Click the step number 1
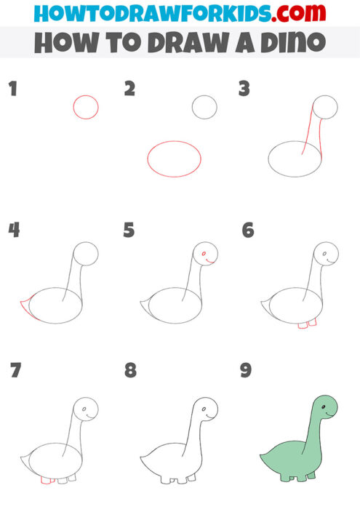pyautogui.click(x=12, y=90)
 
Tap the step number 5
pyautogui.click(x=129, y=231)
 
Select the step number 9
pyautogui.click(x=245, y=371)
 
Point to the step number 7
pyautogui.click(x=15, y=371)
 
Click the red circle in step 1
pyautogui.click(x=86, y=107)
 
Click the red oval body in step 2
pyautogui.click(x=175, y=159)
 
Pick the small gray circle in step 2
pyautogui.click(x=204, y=108)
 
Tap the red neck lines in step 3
pyautogui.click(x=311, y=131)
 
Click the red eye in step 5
pyautogui.click(x=204, y=254)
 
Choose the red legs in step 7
pyautogui.click(x=48, y=481)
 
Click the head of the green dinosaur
pyautogui.click(x=324, y=406)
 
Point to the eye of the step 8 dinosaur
pyautogui.click(x=204, y=412)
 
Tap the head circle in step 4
pyautogui.click(x=87, y=254)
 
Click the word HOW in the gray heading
pyautogui.click(x=60, y=42)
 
